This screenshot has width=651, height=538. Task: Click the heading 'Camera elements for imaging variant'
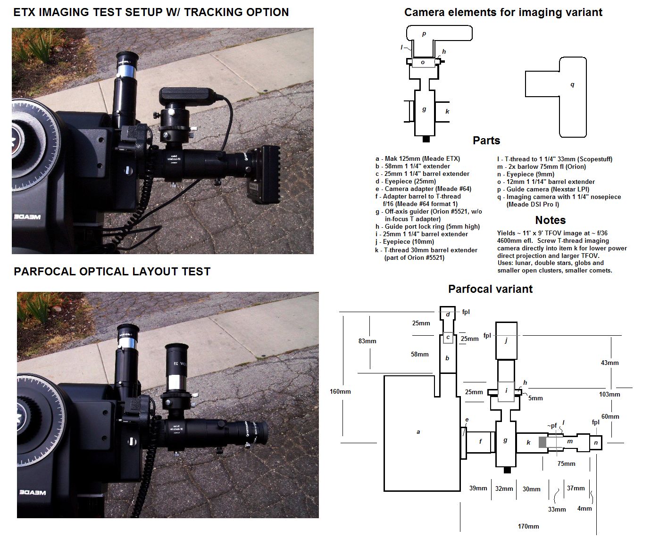coord(503,12)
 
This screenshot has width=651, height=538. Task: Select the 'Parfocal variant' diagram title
coord(490,289)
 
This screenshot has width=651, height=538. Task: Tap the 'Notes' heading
coord(550,220)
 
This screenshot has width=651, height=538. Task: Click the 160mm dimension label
coord(341,391)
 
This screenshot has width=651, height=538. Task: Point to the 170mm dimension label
coord(528,526)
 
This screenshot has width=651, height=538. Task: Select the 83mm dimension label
coord(367,341)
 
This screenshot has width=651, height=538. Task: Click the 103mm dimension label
coord(609,394)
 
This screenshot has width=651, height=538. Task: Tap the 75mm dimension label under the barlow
coord(566,464)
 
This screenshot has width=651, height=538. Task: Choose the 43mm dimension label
coord(609,363)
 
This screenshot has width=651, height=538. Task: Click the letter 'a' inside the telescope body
coord(418,431)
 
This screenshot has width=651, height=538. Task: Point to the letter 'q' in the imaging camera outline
coord(572,85)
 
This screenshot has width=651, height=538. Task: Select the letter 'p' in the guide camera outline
coord(424,34)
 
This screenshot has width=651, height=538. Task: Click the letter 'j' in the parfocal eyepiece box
coord(506,340)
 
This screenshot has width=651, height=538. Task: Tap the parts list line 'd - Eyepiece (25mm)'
coord(406,182)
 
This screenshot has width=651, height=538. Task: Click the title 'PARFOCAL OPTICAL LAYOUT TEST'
coord(112,272)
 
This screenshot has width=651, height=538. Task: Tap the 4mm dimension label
coord(584,508)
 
